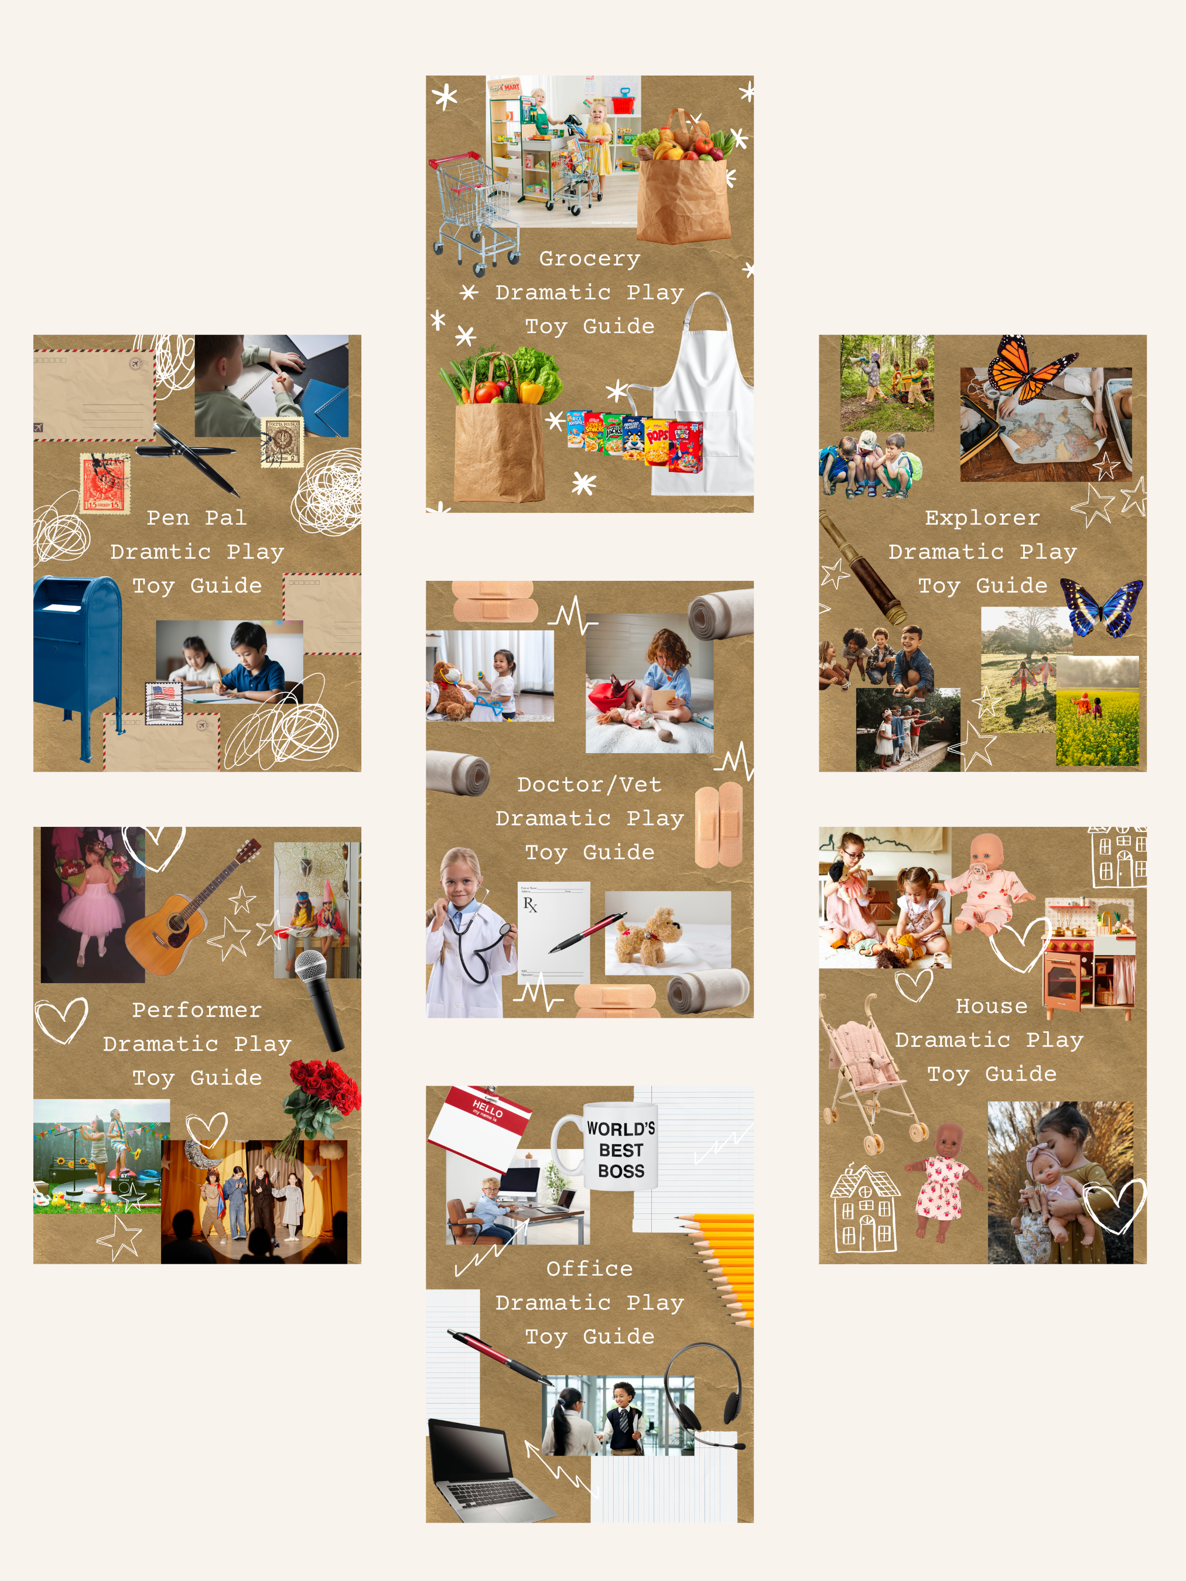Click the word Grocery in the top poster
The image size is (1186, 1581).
point(589,259)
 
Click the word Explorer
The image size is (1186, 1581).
point(982,518)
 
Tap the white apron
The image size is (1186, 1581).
point(704,401)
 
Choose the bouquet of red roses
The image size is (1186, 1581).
point(322,1094)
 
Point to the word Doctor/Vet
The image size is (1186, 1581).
point(589,785)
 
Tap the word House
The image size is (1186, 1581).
point(991,1007)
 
